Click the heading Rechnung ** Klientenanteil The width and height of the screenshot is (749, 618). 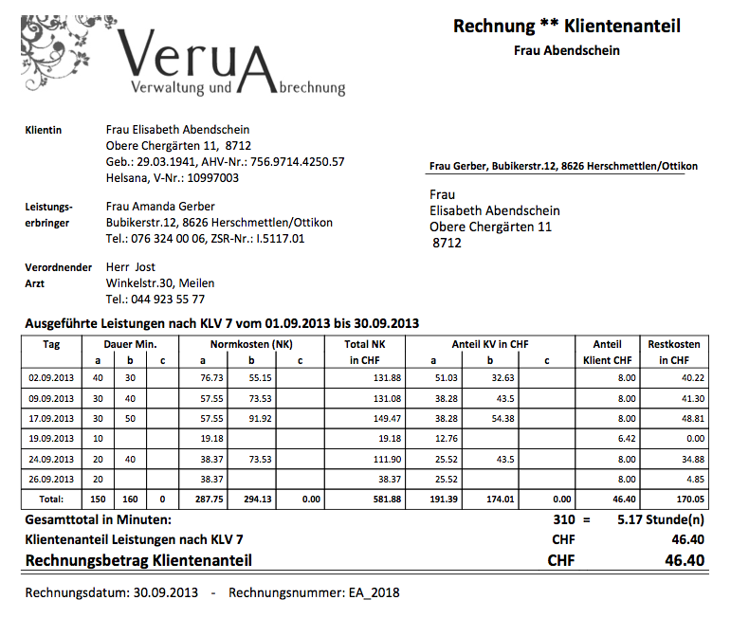(567, 27)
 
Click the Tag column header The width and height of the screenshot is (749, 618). (52, 345)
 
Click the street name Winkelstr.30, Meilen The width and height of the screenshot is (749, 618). (160, 283)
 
